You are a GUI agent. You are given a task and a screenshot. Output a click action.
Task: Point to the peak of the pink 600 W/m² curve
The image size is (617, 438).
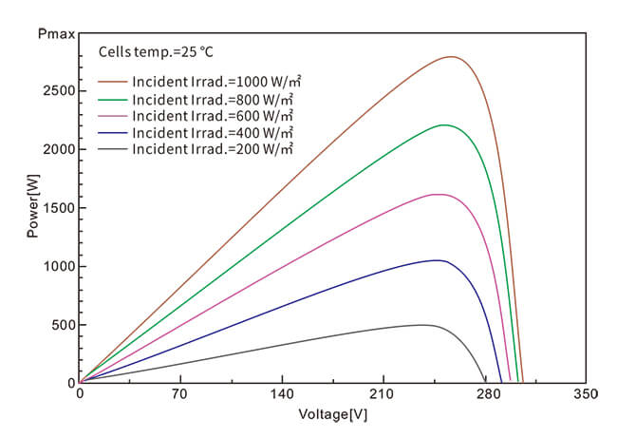click(x=438, y=195)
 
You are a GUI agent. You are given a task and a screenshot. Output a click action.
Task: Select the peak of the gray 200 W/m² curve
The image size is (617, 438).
click(x=421, y=325)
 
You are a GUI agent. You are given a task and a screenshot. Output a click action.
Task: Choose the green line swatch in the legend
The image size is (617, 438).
click(x=113, y=98)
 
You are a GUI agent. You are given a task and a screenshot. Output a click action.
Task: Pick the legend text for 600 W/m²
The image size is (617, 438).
click(x=213, y=115)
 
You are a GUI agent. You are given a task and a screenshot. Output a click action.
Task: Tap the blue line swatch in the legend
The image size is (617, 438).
click(x=113, y=132)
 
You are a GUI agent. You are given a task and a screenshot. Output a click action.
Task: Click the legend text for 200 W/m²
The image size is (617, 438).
click(x=213, y=149)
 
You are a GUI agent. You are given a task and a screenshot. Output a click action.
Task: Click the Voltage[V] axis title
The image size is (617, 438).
click(x=332, y=415)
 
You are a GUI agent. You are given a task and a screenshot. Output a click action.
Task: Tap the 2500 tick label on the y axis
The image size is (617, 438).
click(x=56, y=91)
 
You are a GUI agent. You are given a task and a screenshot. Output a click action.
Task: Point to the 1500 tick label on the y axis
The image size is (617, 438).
click(x=56, y=208)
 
